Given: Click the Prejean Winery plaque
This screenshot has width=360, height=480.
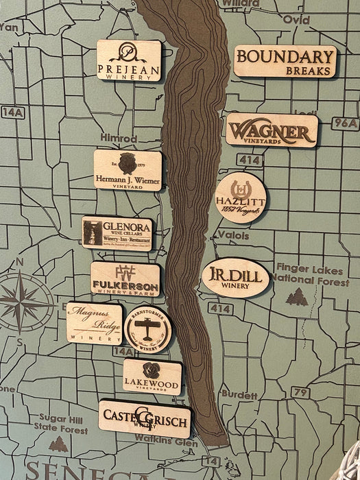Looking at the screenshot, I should coord(128,60).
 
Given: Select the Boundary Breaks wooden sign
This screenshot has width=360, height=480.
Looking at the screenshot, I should coord(285,61).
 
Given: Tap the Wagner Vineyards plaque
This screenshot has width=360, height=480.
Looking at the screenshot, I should coord(272,130).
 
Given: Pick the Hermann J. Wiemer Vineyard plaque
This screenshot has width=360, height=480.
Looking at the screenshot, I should coord(128,170).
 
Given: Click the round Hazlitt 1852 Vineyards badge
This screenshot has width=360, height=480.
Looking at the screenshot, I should coord(240,198).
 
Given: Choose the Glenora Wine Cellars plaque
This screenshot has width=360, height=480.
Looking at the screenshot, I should coord(117,234).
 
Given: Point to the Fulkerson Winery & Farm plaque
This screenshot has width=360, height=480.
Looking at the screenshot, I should coord(125,278).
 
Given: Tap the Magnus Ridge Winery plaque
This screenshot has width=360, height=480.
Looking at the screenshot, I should coord(95,323).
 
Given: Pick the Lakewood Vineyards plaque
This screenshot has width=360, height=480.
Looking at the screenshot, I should coord(152,376).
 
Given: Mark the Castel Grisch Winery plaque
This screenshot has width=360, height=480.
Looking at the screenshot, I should coord(144,418).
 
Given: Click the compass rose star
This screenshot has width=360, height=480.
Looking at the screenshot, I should coord(25,302).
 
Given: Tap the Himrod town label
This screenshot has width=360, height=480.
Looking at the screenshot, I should coord(115,138).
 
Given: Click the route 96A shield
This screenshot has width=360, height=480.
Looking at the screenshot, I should coord(344,123).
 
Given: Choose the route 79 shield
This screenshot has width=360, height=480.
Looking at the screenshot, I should coord(299,392).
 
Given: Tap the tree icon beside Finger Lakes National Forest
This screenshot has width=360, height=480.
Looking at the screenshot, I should coord(297,297).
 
